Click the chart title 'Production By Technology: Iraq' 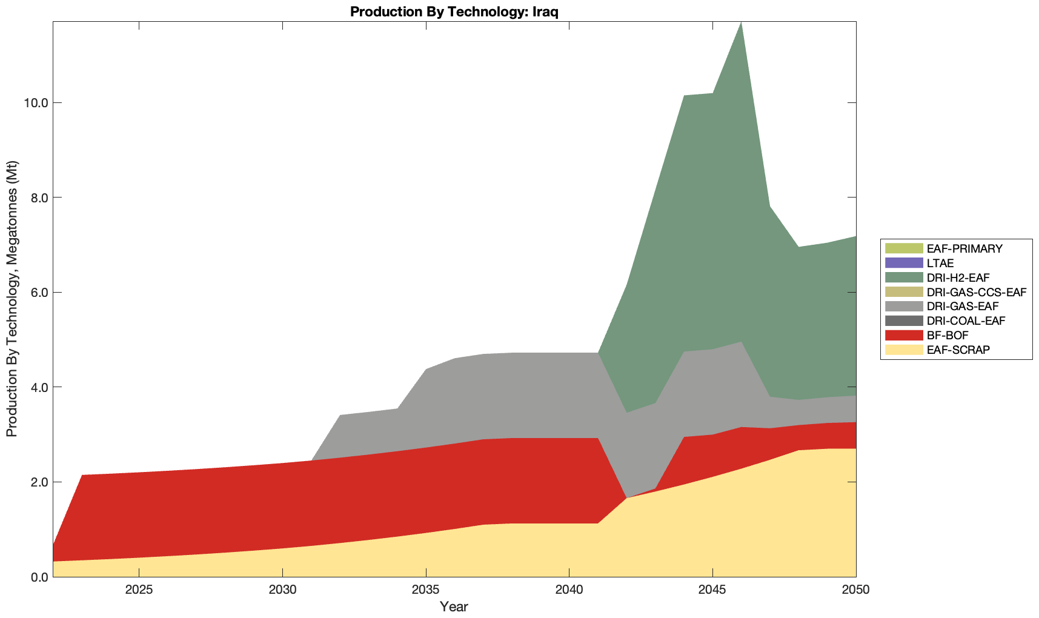[454, 12]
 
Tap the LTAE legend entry [940, 263]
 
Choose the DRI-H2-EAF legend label [958, 277]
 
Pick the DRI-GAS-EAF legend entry [962, 307]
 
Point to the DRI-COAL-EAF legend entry [966, 321]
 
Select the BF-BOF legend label [948, 335]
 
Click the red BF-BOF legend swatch [903, 335]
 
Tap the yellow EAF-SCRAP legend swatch [903, 350]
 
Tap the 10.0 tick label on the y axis [36, 103]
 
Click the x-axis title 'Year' [454, 606]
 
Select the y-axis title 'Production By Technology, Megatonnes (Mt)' [12, 299]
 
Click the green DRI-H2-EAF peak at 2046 [740, 36]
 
